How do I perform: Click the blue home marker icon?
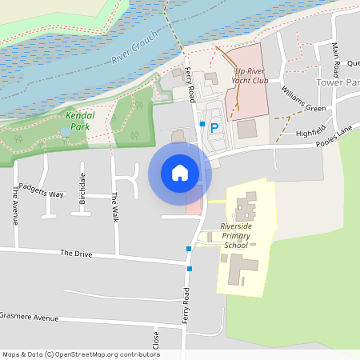tap(179, 173)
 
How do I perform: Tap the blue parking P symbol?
tap(214, 126)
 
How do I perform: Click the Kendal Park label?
tap(78, 121)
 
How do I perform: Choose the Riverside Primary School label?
tap(236, 235)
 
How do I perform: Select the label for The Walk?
tap(115, 207)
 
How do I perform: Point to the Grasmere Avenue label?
tap(30, 318)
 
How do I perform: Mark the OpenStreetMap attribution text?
tap(80, 354)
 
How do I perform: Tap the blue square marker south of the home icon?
tap(189, 249)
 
